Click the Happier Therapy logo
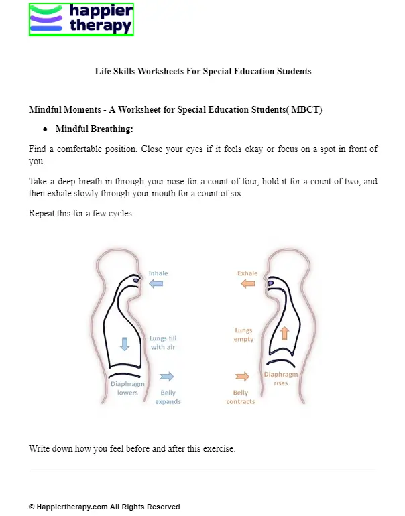[x=81, y=19]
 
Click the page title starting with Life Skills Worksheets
[x=202, y=71]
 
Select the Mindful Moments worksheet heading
[x=176, y=109]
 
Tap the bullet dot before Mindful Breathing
[x=45, y=129]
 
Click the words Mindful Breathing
[x=95, y=129]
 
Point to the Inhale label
[x=158, y=273]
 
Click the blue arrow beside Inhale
[x=156, y=284]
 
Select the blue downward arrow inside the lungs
[x=124, y=344]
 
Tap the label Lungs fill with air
[x=164, y=343]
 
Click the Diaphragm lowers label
[x=127, y=388]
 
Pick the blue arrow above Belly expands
[x=167, y=377]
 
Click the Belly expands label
[x=168, y=397]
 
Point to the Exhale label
[x=247, y=273]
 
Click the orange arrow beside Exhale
[x=248, y=284]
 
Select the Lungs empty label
[x=243, y=335]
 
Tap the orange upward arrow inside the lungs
[x=284, y=333]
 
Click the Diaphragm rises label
[x=280, y=379]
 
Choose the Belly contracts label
[x=241, y=397]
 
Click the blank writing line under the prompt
[x=202, y=470]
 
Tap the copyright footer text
[x=104, y=507]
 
